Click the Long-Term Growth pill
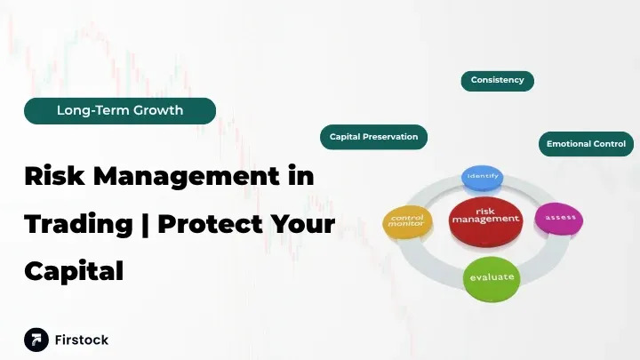(120, 111)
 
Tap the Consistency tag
(497, 80)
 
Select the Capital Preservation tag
(373, 137)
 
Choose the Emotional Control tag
(586, 144)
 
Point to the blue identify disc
(483, 177)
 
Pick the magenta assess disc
(558, 217)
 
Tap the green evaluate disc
(492, 277)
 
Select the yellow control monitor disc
(408, 222)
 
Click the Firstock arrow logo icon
(36, 340)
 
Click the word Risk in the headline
(54, 175)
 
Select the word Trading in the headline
(78, 223)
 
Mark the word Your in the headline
(302, 223)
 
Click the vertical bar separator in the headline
(144, 223)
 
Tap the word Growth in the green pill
(159, 111)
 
